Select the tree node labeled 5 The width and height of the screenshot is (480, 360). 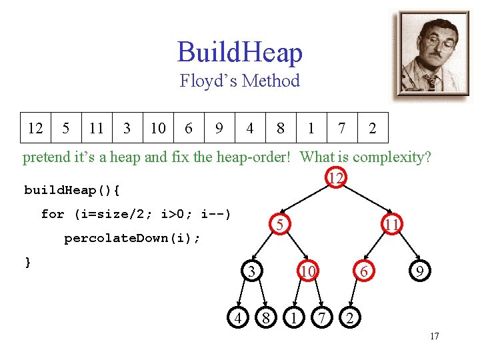[281, 226]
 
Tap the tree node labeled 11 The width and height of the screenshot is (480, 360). [392, 226]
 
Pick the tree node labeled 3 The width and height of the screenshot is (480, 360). [251, 271]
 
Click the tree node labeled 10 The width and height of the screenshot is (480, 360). [307, 271]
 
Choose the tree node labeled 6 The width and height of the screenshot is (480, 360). [363, 271]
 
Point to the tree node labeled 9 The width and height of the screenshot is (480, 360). [419, 271]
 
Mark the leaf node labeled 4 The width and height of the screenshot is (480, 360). [237, 317]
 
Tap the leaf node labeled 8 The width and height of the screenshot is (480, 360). [265, 317]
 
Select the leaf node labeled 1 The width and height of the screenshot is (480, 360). [293, 317]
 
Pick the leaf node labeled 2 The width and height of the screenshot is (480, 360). [349, 317]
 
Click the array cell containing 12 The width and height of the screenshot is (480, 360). [35, 128]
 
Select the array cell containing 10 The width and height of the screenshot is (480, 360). [158, 128]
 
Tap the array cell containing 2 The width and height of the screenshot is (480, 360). [373, 128]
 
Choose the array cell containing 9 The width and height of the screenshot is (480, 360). [219, 128]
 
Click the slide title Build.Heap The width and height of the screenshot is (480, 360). [240, 53]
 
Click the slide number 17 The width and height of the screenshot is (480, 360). [434, 336]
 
